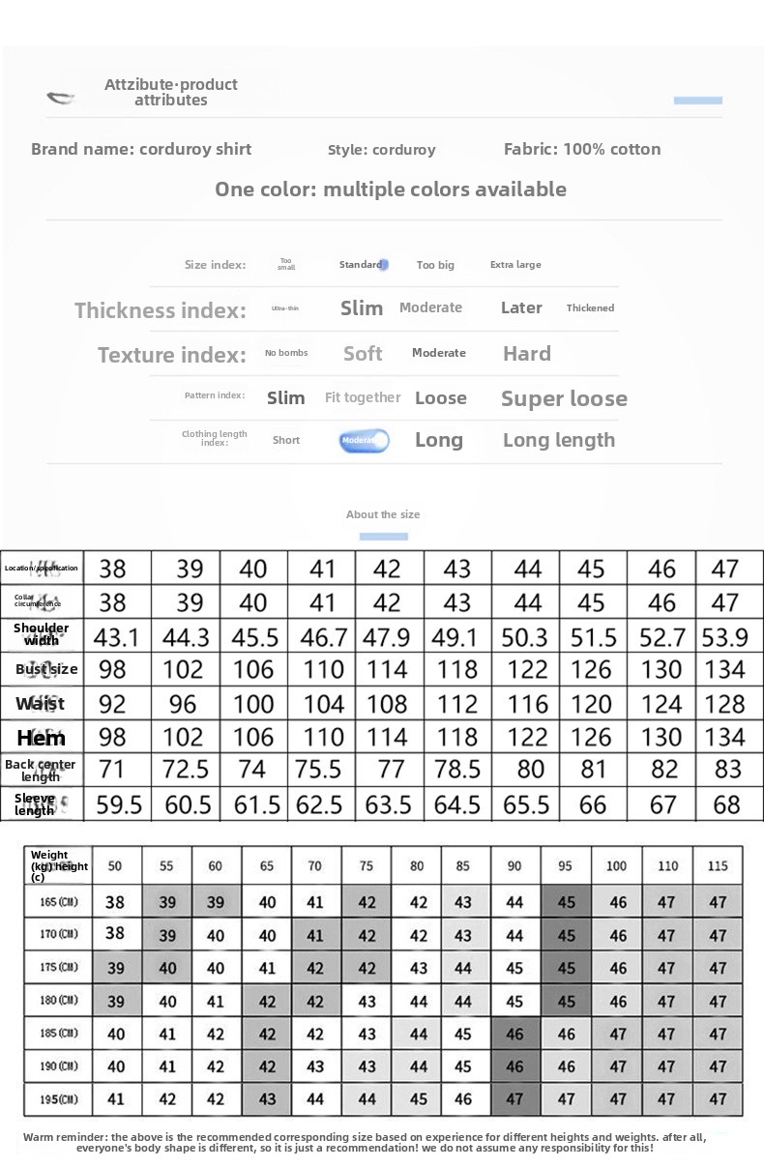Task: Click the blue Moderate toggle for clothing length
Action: [x=364, y=441]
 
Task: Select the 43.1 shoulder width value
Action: [x=116, y=637]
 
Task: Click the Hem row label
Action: [x=42, y=738]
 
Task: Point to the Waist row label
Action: [x=41, y=704]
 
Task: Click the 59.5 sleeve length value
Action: [x=119, y=804]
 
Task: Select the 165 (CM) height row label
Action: [x=59, y=902]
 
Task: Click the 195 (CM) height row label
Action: [x=59, y=1099]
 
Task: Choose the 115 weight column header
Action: [x=717, y=866]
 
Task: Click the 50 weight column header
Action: [x=115, y=866]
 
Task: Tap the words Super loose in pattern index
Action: [x=564, y=398]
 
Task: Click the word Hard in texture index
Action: [x=527, y=354]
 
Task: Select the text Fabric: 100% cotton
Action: [x=582, y=149]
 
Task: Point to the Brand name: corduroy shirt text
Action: [x=141, y=149]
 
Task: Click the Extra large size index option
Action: [x=515, y=265]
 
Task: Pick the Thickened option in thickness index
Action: [x=590, y=308]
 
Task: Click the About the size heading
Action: [x=383, y=514]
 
